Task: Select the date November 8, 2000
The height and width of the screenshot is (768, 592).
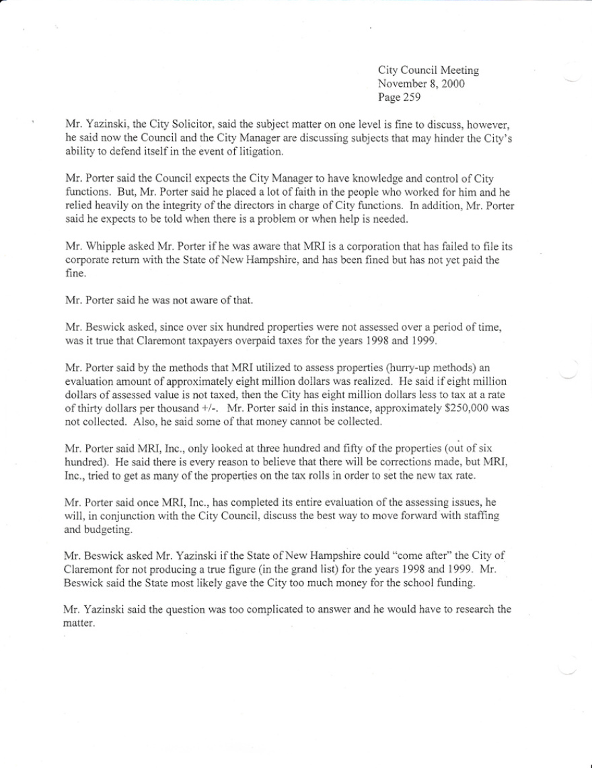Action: [421, 84]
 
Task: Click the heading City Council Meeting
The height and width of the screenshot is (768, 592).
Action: [429, 71]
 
